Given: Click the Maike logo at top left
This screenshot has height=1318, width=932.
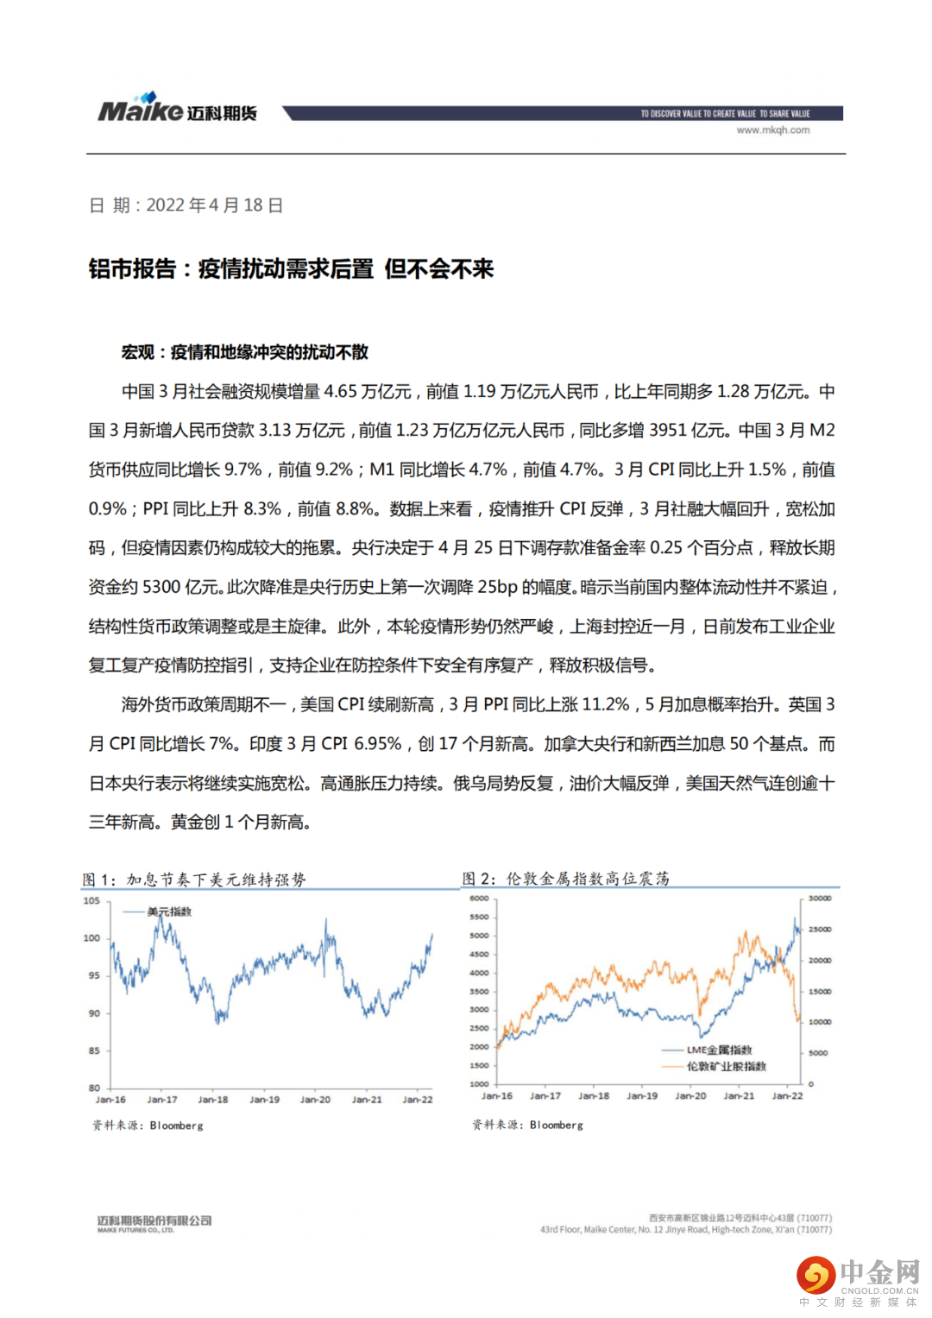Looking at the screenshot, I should pos(177,109).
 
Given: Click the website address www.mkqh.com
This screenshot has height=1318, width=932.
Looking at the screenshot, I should pos(772,130).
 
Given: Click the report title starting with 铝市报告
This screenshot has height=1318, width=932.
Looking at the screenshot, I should pos(291,269).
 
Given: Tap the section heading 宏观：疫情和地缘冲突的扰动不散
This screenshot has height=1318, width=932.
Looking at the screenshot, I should pos(245,352).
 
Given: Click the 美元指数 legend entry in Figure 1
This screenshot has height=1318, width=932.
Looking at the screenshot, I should pos(169,911).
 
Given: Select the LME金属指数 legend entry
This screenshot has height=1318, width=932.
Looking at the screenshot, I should pos(719,1050).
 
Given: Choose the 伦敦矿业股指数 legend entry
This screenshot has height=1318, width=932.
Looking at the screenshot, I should pos(726,1067).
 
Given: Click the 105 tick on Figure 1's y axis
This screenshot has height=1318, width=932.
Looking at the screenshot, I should pos(91,900).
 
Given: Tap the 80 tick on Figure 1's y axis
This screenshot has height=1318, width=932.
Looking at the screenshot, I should pos(94,1088).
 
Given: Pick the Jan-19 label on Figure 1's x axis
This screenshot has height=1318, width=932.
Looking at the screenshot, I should pos(264,1100).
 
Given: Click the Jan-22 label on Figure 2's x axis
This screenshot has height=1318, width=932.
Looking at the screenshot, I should pos(786,1096).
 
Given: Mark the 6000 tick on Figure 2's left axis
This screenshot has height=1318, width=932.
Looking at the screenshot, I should pos(479,899).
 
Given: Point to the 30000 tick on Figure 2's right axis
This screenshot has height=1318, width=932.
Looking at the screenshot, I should pos(819,899).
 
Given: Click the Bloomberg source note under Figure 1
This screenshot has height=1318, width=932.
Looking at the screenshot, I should pos(148,1126).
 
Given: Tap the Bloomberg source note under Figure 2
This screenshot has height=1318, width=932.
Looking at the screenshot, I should pos(527,1126).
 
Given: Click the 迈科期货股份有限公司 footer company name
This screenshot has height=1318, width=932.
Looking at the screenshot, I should pos(154,1220).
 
